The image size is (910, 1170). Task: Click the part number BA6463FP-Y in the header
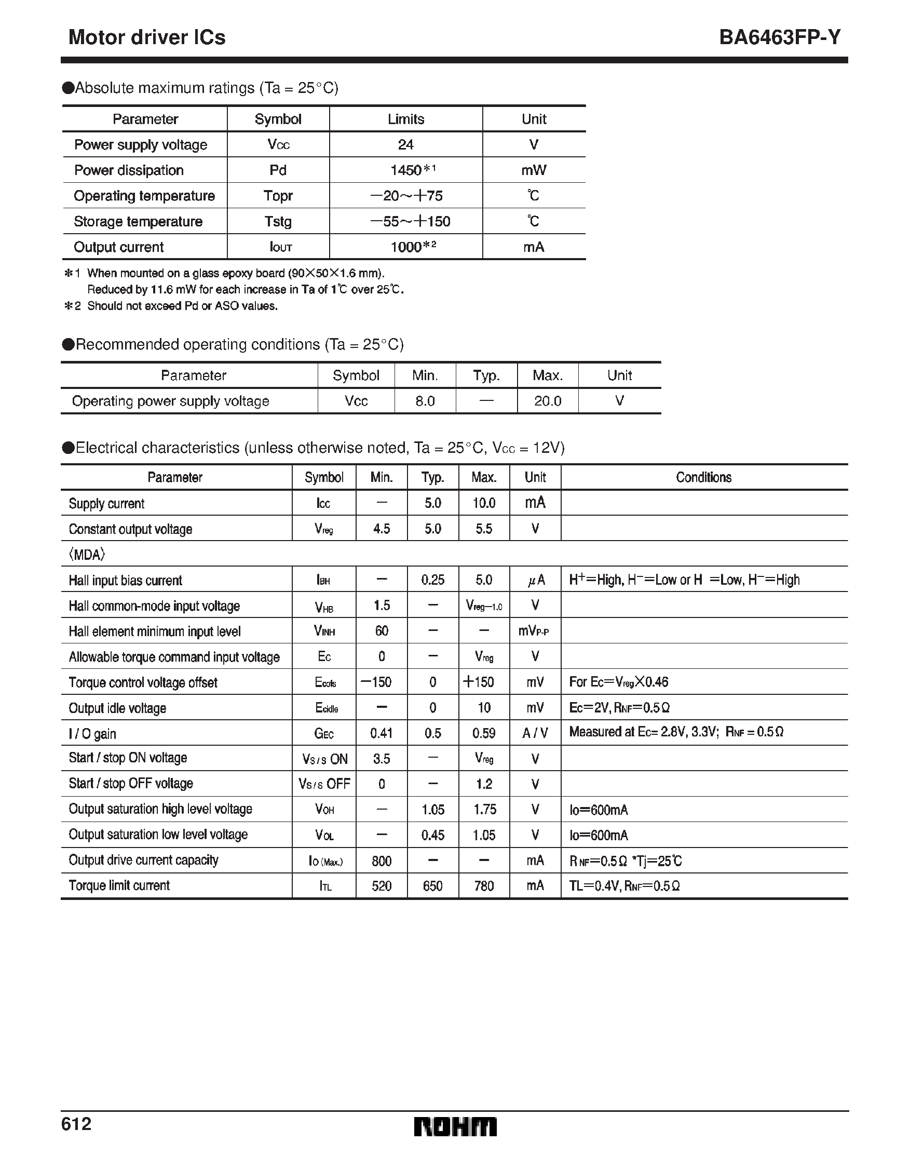[780, 37]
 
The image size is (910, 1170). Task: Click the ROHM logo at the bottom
[455, 1127]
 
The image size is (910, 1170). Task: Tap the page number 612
[76, 1124]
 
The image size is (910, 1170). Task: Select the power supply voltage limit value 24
[405, 145]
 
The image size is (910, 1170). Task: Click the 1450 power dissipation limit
[406, 170]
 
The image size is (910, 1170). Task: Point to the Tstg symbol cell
[278, 221]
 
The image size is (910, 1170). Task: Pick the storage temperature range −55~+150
[410, 221]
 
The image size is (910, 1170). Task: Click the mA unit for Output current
[534, 247]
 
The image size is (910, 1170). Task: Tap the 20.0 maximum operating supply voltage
[547, 401]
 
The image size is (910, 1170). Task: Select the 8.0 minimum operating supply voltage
[425, 401]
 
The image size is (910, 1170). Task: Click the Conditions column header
[703, 477]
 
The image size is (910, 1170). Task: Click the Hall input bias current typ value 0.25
[433, 580]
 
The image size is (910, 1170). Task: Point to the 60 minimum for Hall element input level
[382, 631]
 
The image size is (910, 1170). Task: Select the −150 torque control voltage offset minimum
[376, 682]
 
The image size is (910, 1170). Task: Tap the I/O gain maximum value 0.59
[484, 733]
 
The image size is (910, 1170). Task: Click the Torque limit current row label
[119, 885]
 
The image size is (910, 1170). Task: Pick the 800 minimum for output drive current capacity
[382, 861]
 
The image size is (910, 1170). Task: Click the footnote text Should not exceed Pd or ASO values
[182, 306]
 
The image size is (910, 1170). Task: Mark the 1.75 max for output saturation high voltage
[484, 810]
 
